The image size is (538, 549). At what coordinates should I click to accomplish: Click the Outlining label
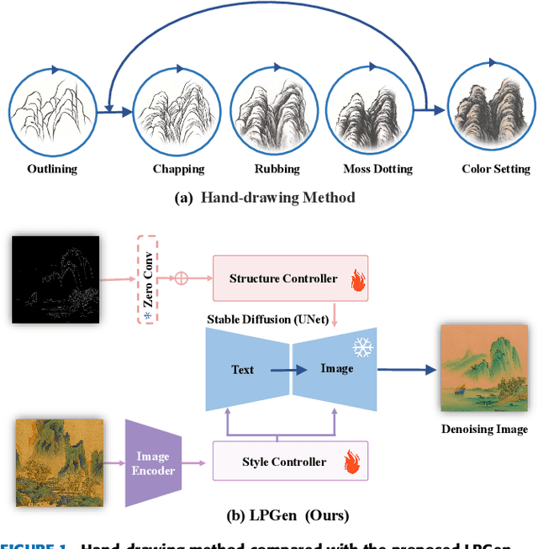[x=52, y=169]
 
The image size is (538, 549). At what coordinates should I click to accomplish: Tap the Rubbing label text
[x=277, y=169]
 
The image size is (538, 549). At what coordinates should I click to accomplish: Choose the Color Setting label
[x=496, y=169]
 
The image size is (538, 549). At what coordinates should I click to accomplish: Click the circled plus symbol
[x=179, y=278]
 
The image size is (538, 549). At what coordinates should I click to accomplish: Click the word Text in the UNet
[x=242, y=369]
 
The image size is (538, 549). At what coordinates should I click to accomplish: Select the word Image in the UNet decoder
[x=336, y=368]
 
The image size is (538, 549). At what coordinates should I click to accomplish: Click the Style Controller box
[x=283, y=462]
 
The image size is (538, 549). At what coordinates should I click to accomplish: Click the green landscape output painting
[x=484, y=369]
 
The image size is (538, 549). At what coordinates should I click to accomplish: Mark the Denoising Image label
[x=484, y=430]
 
